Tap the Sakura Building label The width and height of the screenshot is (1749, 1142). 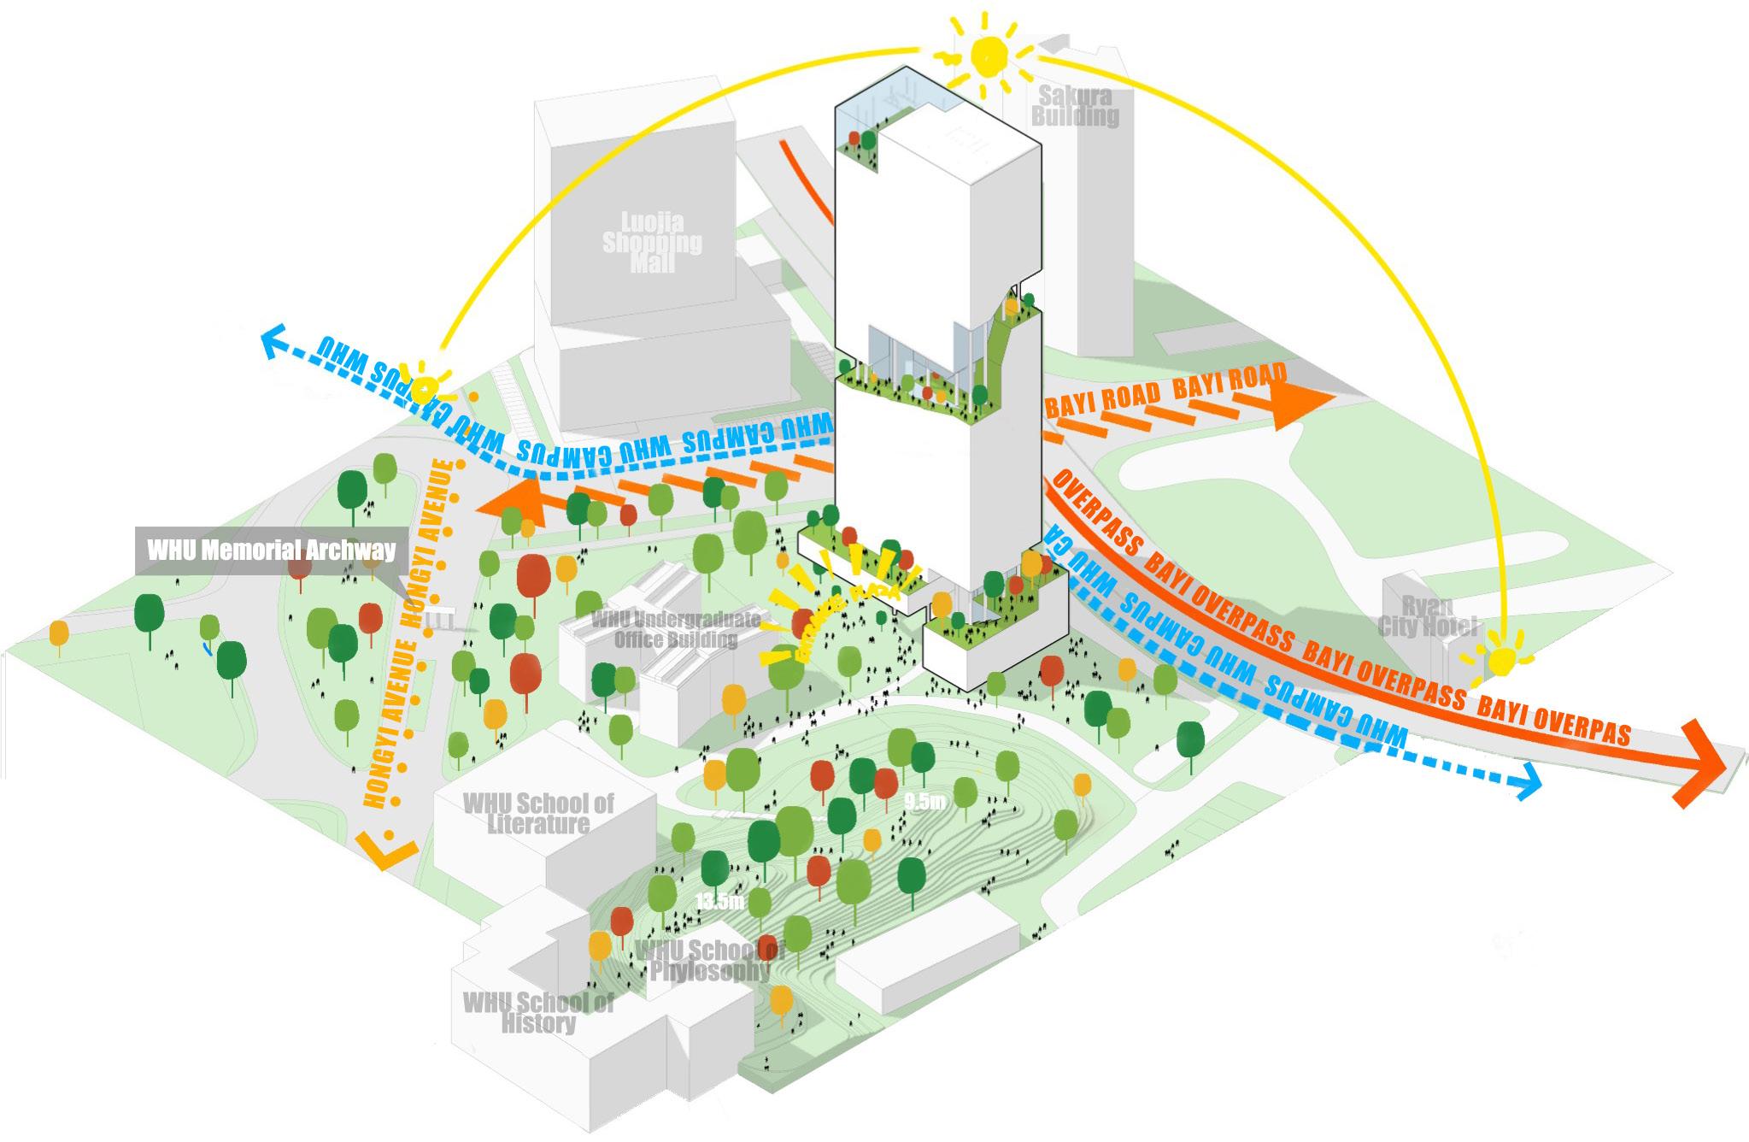pos(1075,106)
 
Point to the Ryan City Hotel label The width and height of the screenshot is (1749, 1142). pos(1427,615)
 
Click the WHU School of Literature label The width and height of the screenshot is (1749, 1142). pos(538,813)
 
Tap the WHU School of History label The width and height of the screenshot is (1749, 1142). pos(538,1013)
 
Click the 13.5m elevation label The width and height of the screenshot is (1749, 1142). pos(719,900)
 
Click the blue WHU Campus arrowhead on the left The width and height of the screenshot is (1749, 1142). pos(275,342)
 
